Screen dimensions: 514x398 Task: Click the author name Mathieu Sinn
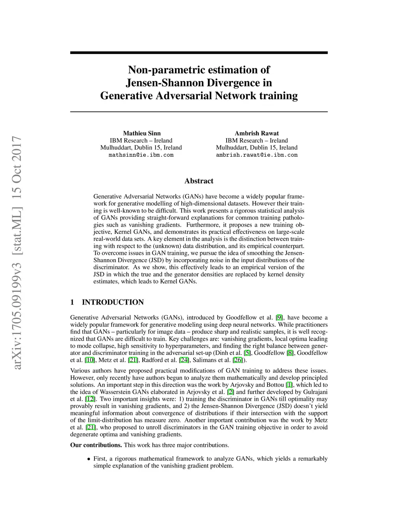tap(141, 133)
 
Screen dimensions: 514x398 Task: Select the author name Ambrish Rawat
tap(257, 133)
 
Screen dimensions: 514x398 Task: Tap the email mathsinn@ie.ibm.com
tap(141, 155)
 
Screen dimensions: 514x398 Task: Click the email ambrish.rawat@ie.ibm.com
tap(257, 155)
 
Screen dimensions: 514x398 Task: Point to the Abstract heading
tap(199, 181)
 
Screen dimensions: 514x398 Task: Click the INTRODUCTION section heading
tap(113, 302)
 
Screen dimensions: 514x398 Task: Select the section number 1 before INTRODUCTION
tap(72, 302)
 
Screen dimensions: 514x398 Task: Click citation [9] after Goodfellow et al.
tap(279, 318)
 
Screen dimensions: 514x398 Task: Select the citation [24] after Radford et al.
tap(184, 360)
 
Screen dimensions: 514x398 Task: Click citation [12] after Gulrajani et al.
tap(90, 399)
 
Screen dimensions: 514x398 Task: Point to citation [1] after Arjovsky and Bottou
tap(289, 385)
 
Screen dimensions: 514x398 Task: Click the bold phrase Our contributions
tap(96, 445)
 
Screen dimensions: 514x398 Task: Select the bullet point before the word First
tap(89, 459)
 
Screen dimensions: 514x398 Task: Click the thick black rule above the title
tap(199, 52)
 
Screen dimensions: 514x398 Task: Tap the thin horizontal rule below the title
tap(199, 112)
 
